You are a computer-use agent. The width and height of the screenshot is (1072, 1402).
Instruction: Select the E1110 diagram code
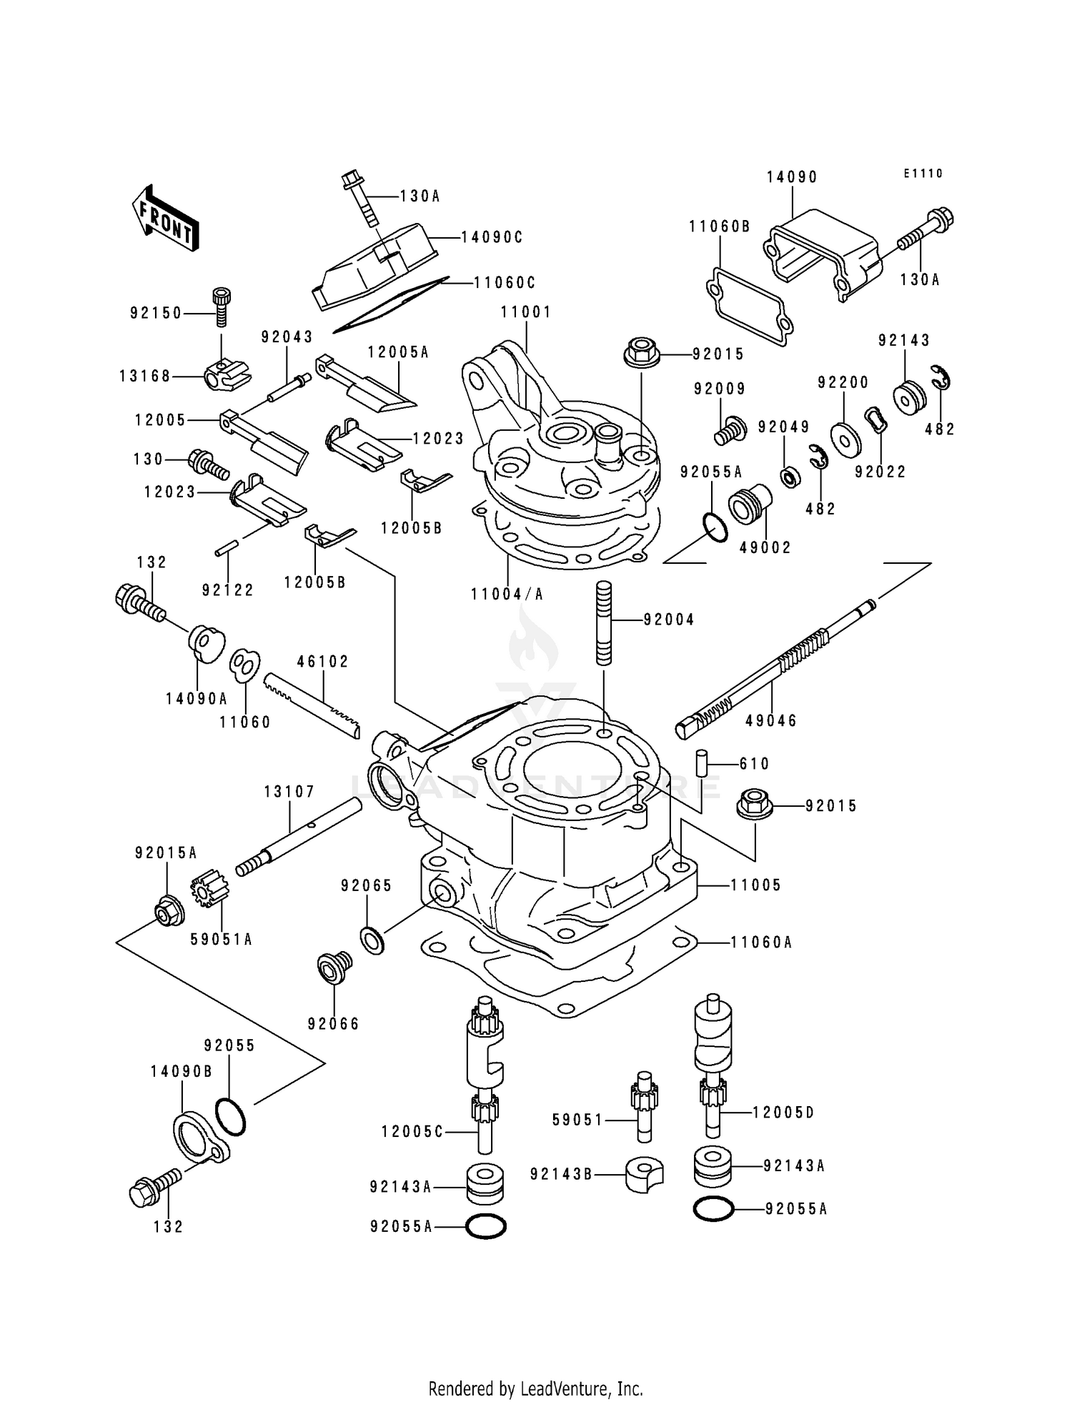coord(923,174)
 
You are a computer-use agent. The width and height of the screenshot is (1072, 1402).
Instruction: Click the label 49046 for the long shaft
coord(770,721)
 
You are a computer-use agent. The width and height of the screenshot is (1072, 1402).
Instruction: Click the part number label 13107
coord(289,792)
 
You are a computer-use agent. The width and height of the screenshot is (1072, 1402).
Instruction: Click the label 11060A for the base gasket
coord(761,943)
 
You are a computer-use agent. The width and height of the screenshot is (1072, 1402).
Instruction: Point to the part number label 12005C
coord(412,1132)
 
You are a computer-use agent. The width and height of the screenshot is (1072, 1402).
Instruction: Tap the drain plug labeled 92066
coord(333,969)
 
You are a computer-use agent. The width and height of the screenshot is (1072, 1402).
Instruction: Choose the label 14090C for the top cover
coord(492,237)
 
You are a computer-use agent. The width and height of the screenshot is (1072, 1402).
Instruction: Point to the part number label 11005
coord(755,885)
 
